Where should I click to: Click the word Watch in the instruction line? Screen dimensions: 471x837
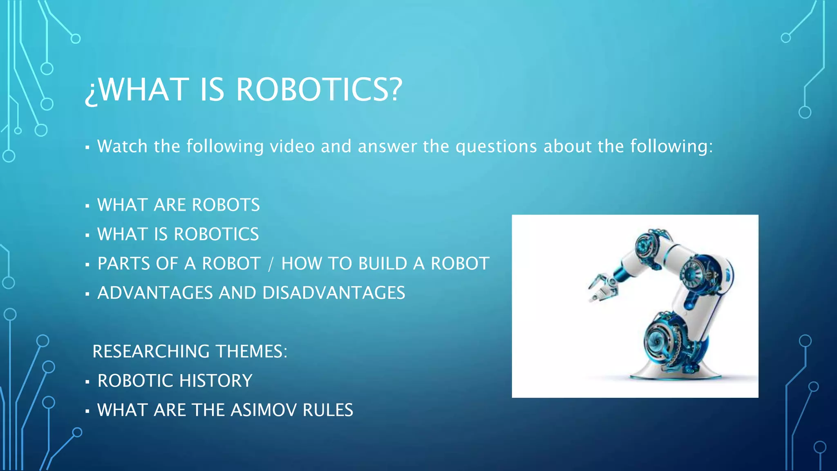click(x=122, y=146)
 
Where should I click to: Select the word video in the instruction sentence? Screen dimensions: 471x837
click(x=292, y=146)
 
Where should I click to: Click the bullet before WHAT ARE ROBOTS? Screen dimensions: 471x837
click(x=87, y=206)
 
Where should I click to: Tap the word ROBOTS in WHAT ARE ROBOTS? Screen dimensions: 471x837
click(x=226, y=205)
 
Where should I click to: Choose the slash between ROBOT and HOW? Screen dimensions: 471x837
click(x=270, y=264)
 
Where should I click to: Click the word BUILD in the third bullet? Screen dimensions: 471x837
click(x=383, y=264)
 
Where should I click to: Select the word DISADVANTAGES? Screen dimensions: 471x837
click(x=333, y=293)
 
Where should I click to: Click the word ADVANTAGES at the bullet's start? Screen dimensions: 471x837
click(x=155, y=293)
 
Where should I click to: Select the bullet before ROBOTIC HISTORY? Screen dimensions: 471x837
click(x=87, y=382)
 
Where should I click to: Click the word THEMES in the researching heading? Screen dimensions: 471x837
click(x=251, y=352)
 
